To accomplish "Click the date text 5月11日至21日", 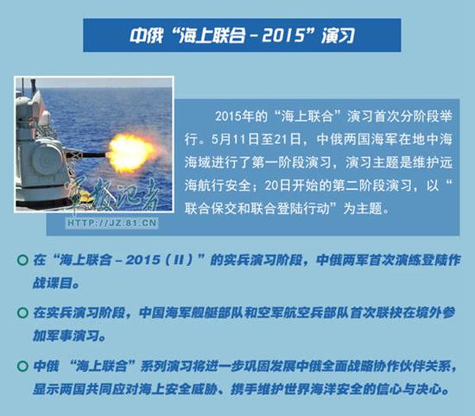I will [x=250, y=139].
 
